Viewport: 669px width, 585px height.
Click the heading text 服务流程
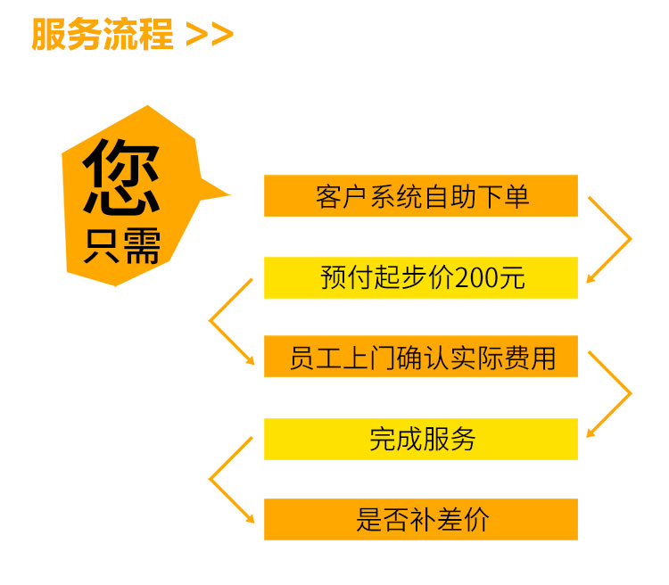(103, 34)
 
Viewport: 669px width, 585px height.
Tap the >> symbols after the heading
(210, 35)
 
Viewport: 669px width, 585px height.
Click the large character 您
(121, 177)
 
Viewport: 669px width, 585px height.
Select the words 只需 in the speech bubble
(122, 245)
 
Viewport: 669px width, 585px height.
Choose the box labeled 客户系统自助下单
(421, 196)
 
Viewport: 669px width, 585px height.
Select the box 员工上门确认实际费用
(421, 357)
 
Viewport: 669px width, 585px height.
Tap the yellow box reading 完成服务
(421, 439)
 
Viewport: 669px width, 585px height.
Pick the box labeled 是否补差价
(421, 519)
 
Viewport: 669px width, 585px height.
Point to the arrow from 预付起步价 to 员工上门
(210, 321)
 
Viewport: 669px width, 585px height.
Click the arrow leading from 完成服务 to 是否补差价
(210, 479)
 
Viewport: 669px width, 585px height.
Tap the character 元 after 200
(512, 277)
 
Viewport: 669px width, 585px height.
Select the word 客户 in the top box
(341, 197)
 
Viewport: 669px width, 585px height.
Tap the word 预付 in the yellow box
(345, 277)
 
